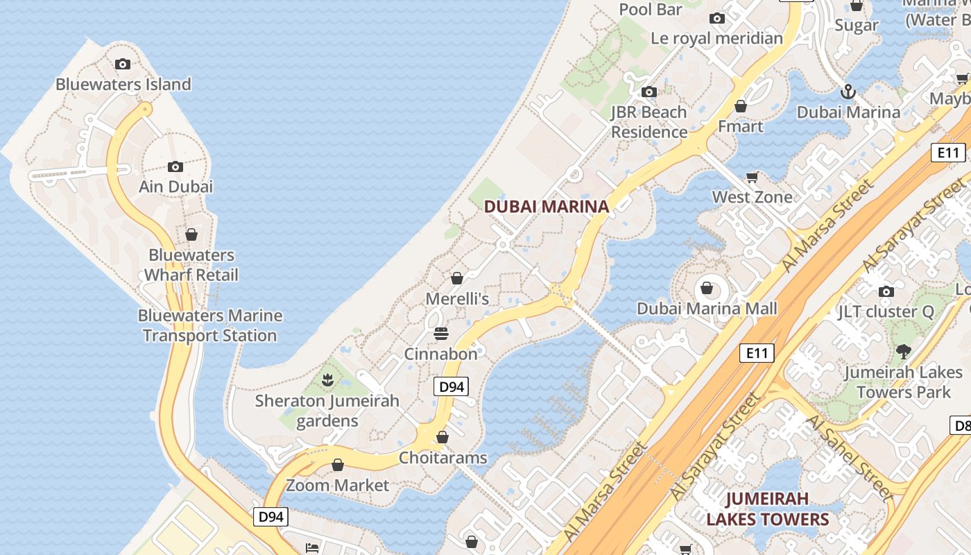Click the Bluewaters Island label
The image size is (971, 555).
pyautogui.click(x=123, y=85)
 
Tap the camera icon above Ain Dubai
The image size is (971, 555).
pyautogui.click(x=175, y=166)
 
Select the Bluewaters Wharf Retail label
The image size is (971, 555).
pyautogui.click(x=191, y=265)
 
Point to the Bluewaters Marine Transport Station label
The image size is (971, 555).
pyautogui.click(x=210, y=325)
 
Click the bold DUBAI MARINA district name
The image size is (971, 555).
pyautogui.click(x=547, y=206)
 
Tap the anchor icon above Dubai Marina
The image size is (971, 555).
pyautogui.click(x=848, y=92)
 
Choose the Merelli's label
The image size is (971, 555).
pyautogui.click(x=457, y=299)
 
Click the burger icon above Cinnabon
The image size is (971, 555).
pyautogui.click(x=440, y=334)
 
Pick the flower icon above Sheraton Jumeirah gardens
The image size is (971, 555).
pyautogui.click(x=328, y=379)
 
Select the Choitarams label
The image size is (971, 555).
pyautogui.click(x=442, y=458)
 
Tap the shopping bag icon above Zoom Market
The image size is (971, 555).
pyautogui.click(x=338, y=465)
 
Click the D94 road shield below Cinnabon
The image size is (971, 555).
pyautogui.click(x=452, y=386)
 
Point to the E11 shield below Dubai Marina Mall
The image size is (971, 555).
pyautogui.click(x=756, y=353)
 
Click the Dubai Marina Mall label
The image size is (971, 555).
pyautogui.click(x=707, y=309)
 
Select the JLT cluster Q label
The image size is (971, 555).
pyautogui.click(x=886, y=312)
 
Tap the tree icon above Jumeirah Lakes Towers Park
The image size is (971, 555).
pyautogui.click(x=903, y=351)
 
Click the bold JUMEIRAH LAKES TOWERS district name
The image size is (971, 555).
pyautogui.click(x=767, y=509)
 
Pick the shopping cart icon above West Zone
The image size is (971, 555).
pyautogui.click(x=752, y=178)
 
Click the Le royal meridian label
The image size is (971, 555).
pyautogui.click(x=716, y=38)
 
